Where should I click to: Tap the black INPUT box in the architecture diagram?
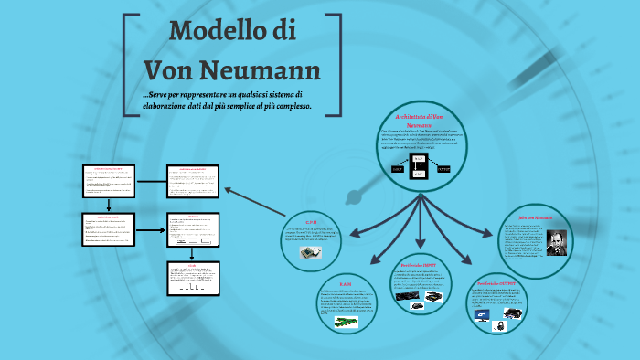coord(395,169)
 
